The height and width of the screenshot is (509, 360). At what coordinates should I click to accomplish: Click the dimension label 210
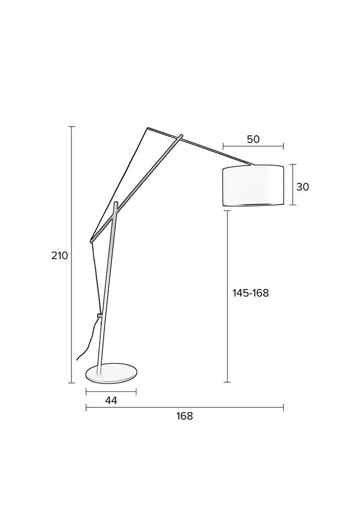coord(59,256)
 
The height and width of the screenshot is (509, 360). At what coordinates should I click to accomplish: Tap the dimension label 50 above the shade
coord(253,139)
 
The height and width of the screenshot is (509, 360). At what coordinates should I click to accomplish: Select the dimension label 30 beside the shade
coord(302,187)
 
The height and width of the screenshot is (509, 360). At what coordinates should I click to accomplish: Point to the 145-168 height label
coord(251,293)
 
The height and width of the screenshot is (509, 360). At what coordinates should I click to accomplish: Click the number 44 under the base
coord(111,400)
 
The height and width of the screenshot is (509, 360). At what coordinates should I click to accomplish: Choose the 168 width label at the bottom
coord(185,416)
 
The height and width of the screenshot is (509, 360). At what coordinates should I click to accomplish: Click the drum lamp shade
coord(253,186)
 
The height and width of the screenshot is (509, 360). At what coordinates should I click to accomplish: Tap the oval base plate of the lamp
coord(111,374)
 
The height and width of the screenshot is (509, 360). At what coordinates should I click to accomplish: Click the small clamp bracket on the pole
coord(99,315)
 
